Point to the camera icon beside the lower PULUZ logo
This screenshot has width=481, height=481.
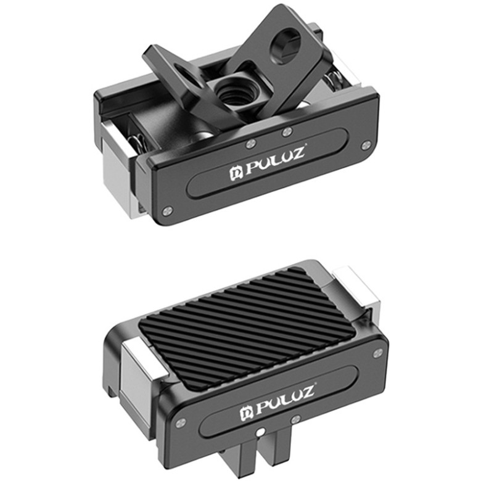[x=245, y=410]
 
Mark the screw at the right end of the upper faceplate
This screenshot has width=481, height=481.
[x=366, y=146]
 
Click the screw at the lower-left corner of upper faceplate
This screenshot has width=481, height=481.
[x=166, y=211]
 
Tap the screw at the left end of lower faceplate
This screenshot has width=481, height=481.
[x=179, y=424]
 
